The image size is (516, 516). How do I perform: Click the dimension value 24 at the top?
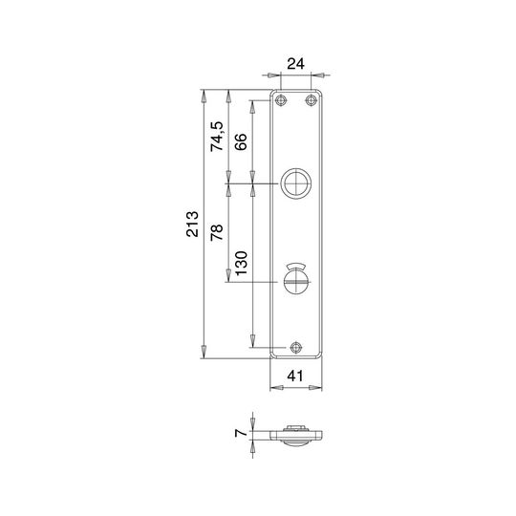coord(295,63)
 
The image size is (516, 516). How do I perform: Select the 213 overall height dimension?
coord(192,225)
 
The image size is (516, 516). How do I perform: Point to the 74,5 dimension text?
coord(217,137)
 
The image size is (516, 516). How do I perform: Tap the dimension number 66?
coord(241,141)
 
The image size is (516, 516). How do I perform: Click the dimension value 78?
coord(217,232)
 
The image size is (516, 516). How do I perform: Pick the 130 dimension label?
coord(241,264)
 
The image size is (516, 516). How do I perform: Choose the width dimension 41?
coord(295,376)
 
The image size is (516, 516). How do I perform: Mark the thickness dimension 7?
coord(241,433)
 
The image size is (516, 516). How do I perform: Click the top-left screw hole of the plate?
coord(280,100)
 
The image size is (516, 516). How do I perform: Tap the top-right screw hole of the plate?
coord(311,100)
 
